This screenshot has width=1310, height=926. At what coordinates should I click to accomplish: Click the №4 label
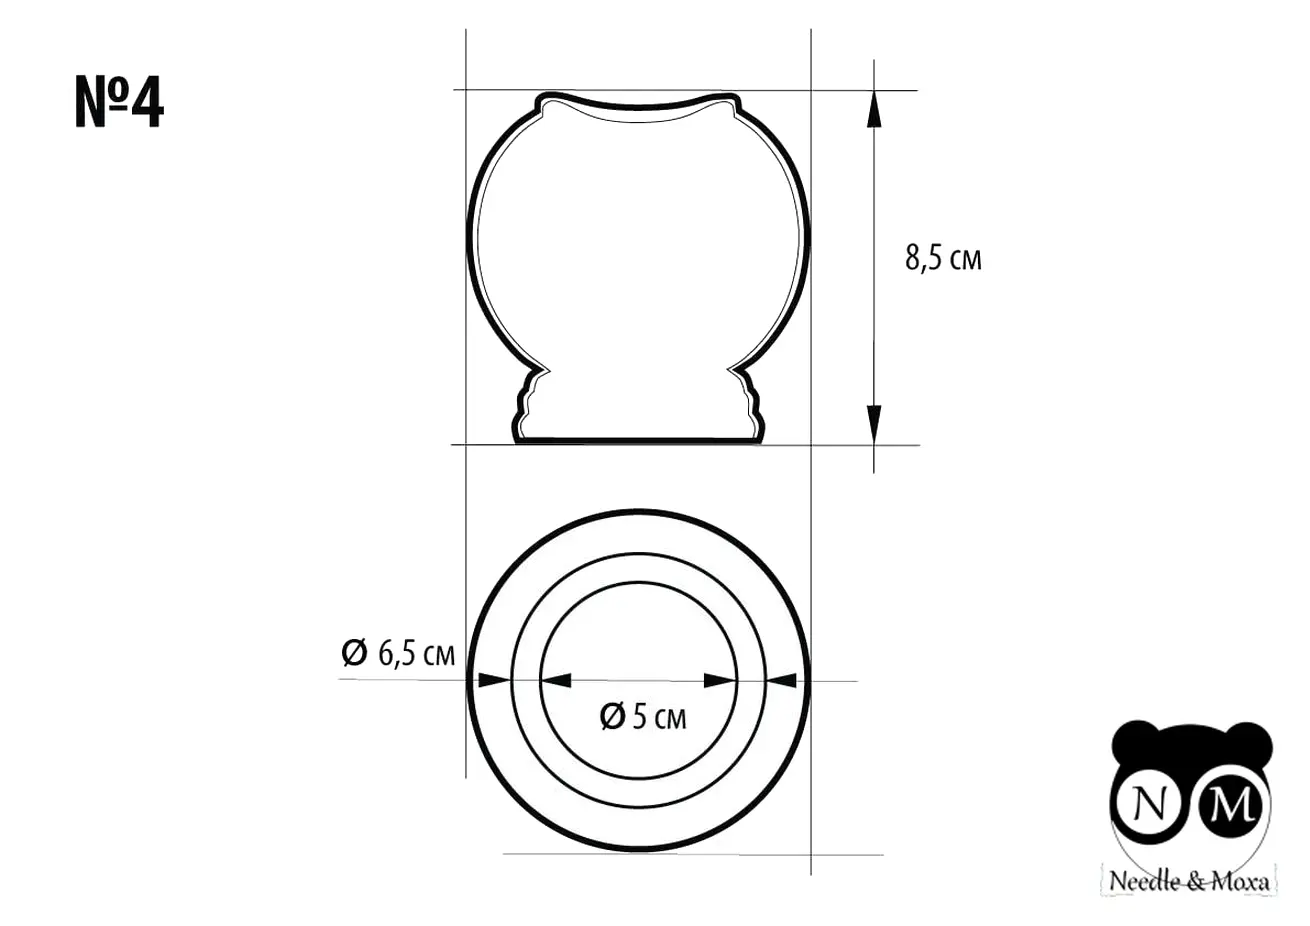[119, 102]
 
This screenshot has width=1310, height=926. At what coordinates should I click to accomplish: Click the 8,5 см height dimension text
[943, 258]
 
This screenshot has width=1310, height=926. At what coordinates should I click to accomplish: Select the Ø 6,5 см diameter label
[398, 653]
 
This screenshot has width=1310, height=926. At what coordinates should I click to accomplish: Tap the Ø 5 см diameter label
[643, 717]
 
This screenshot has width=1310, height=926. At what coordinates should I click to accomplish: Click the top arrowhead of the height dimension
[874, 109]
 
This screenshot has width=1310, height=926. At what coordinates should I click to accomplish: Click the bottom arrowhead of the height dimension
[874, 424]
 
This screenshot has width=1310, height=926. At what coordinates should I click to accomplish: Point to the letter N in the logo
[1150, 804]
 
